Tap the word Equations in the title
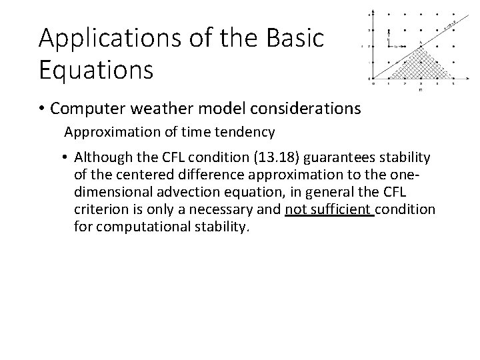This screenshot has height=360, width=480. (x=96, y=69)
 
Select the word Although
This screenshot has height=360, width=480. (x=101, y=158)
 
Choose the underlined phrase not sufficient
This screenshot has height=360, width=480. (x=329, y=210)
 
